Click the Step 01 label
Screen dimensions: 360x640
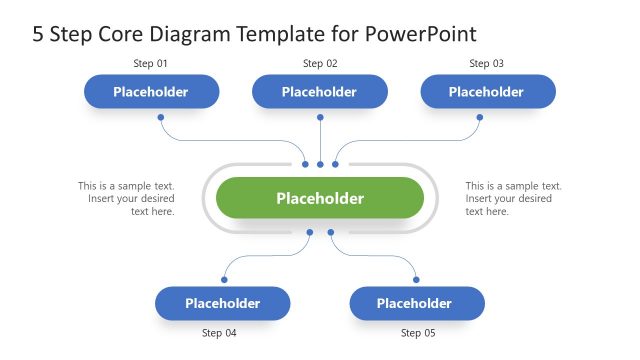pyautogui.click(x=151, y=64)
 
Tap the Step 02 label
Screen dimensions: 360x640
pyautogui.click(x=320, y=64)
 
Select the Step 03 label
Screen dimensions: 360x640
pyautogui.click(x=486, y=64)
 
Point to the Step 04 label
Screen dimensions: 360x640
pyautogui.click(x=219, y=332)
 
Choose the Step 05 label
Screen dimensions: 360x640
pyautogui.click(x=418, y=332)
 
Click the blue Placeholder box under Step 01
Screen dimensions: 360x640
pyautogui.click(x=151, y=92)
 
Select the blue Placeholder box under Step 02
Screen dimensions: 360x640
pyautogui.click(x=320, y=92)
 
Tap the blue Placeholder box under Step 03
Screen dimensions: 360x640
pyautogui.click(x=487, y=92)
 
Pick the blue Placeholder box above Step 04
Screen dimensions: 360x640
pyautogui.click(x=222, y=303)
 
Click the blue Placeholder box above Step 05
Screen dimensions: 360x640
pyautogui.click(x=415, y=303)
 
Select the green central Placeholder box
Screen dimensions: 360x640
pyautogui.click(x=320, y=198)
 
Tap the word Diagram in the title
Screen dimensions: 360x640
pyautogui.click(x=192, y=35)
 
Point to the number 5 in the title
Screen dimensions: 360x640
pyautogui.click(x=38, y=35)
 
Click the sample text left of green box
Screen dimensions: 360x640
pyautogui.click(x=127, y=198)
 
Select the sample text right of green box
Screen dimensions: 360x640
pyautogui.click(x=514, y=198)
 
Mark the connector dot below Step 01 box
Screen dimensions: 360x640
pyautogui.click(x=161, y=117)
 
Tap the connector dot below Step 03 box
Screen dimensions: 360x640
pyautogui.click(x=479, y=117)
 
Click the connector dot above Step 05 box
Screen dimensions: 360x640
pyautogui.click(x=416, y=279)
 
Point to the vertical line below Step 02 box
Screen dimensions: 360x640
pyautogui.click(x=320, y=135)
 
